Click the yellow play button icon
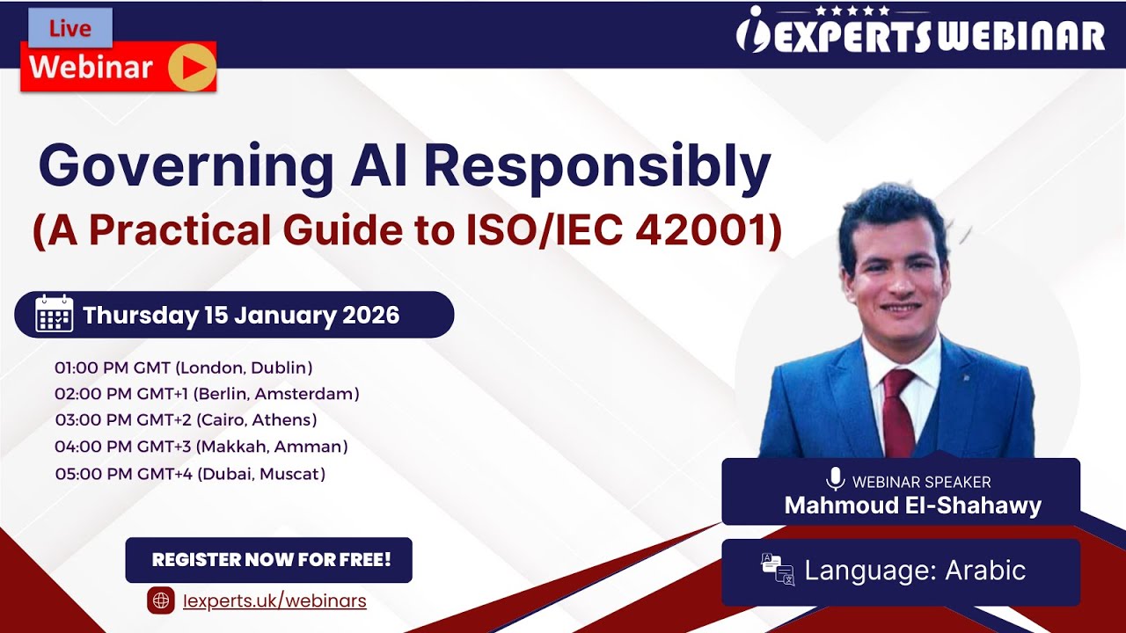click(192, 68)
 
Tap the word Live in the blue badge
click(70, 29)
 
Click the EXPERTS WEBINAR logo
click(919, 33)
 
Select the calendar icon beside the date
click(54, 314)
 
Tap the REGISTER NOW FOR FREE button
click(269, 560)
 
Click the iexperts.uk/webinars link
click(274, 601)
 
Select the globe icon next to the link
click(162, 600)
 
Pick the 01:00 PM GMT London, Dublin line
click(184, 367)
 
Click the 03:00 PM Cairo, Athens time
click(186, 420)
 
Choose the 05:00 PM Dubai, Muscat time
click(190, 475)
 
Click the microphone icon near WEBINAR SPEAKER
click(835, 480)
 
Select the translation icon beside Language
click(778, 570)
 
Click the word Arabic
click(985, 571)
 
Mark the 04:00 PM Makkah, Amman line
click(201, 447)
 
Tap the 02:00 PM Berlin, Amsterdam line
click(207, 394)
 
